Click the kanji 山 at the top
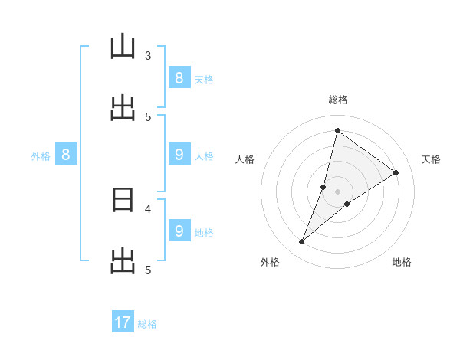tap(123, 49)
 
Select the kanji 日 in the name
tap(123, 201)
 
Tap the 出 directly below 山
tap(123, 110)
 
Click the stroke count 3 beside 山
tap(148, 55)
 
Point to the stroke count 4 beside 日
tap(148, 208)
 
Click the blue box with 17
tap(123, 322)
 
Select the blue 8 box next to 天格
tap(179, 77)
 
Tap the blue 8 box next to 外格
tap(66, 155)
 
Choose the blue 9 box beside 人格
tap(179, 155)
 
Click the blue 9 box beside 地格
tap(179, 231)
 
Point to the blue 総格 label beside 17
tap(147, 324)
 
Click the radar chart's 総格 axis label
tap(337, 100)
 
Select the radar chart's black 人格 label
tap(245, 159)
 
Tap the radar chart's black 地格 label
tap(402, 262)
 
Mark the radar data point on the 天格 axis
tap(396, 172)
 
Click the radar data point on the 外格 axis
tap(302, 242)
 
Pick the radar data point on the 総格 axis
tap(337, 130)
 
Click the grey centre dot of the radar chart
tap(337, 191)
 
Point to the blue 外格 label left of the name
tap(41, 156)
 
